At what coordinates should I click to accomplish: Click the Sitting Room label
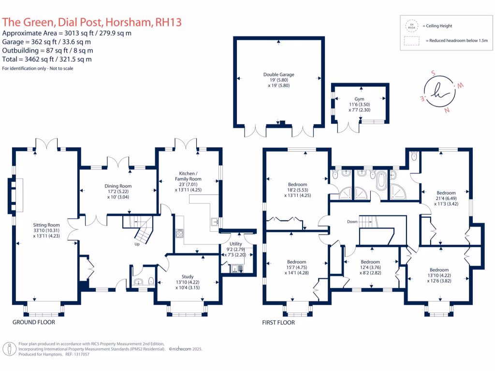(x=46, y=225)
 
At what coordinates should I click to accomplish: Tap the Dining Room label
(x=118, y=186)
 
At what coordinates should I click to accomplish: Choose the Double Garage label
(x=278, y=74)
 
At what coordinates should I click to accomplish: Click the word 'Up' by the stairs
(x=137, y=244)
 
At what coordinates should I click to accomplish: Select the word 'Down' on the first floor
(x=352, y=222)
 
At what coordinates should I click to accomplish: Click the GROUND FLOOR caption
(x=34, y=322)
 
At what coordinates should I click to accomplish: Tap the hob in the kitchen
(x=179, y=233)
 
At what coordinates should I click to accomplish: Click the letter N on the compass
(x=446, y=109)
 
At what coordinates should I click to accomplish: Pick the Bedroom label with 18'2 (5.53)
(x=297, y=185)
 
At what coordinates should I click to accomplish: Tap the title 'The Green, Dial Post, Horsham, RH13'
(x=92, y=22)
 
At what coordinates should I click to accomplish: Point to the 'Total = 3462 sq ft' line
(x=47, y=59)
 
